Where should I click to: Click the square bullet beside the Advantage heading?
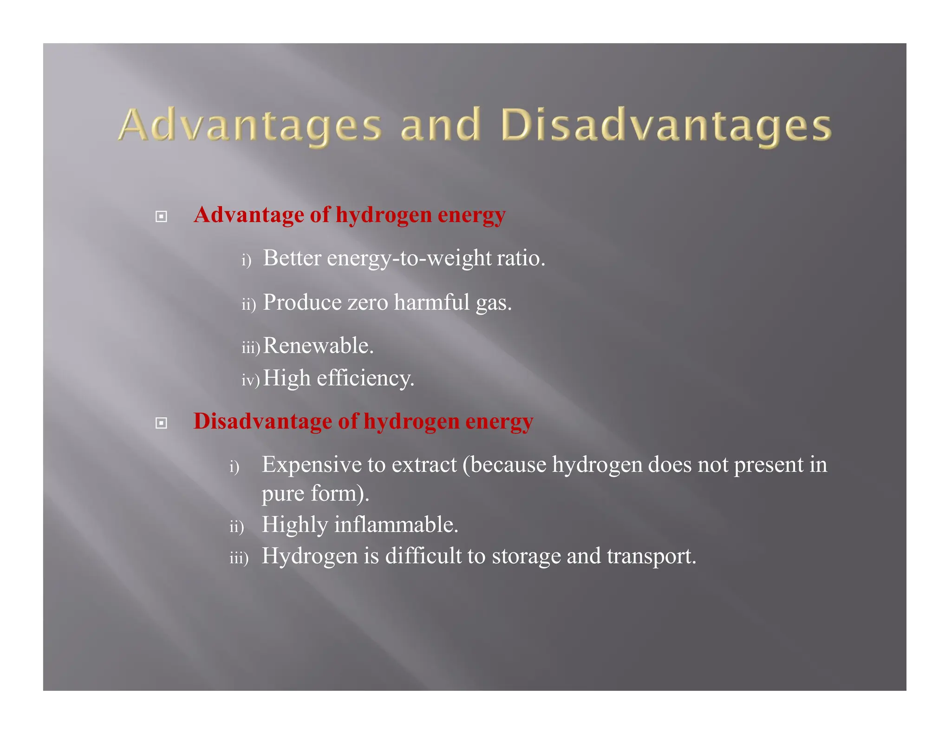[161, 217]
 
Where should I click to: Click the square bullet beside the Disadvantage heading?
[161, 423]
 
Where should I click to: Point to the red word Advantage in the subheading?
[249, 215]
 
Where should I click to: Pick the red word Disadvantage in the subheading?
[262, 421]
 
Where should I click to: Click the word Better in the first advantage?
[292, 258]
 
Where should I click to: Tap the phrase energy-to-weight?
[409, 259]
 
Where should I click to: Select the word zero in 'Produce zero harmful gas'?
[368, 302]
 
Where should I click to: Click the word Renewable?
[318, 346]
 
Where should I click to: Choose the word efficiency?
[365, 378]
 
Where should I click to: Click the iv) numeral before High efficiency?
[250, 380]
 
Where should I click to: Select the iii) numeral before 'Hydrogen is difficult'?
[239, 558]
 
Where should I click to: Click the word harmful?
[432, 302]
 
